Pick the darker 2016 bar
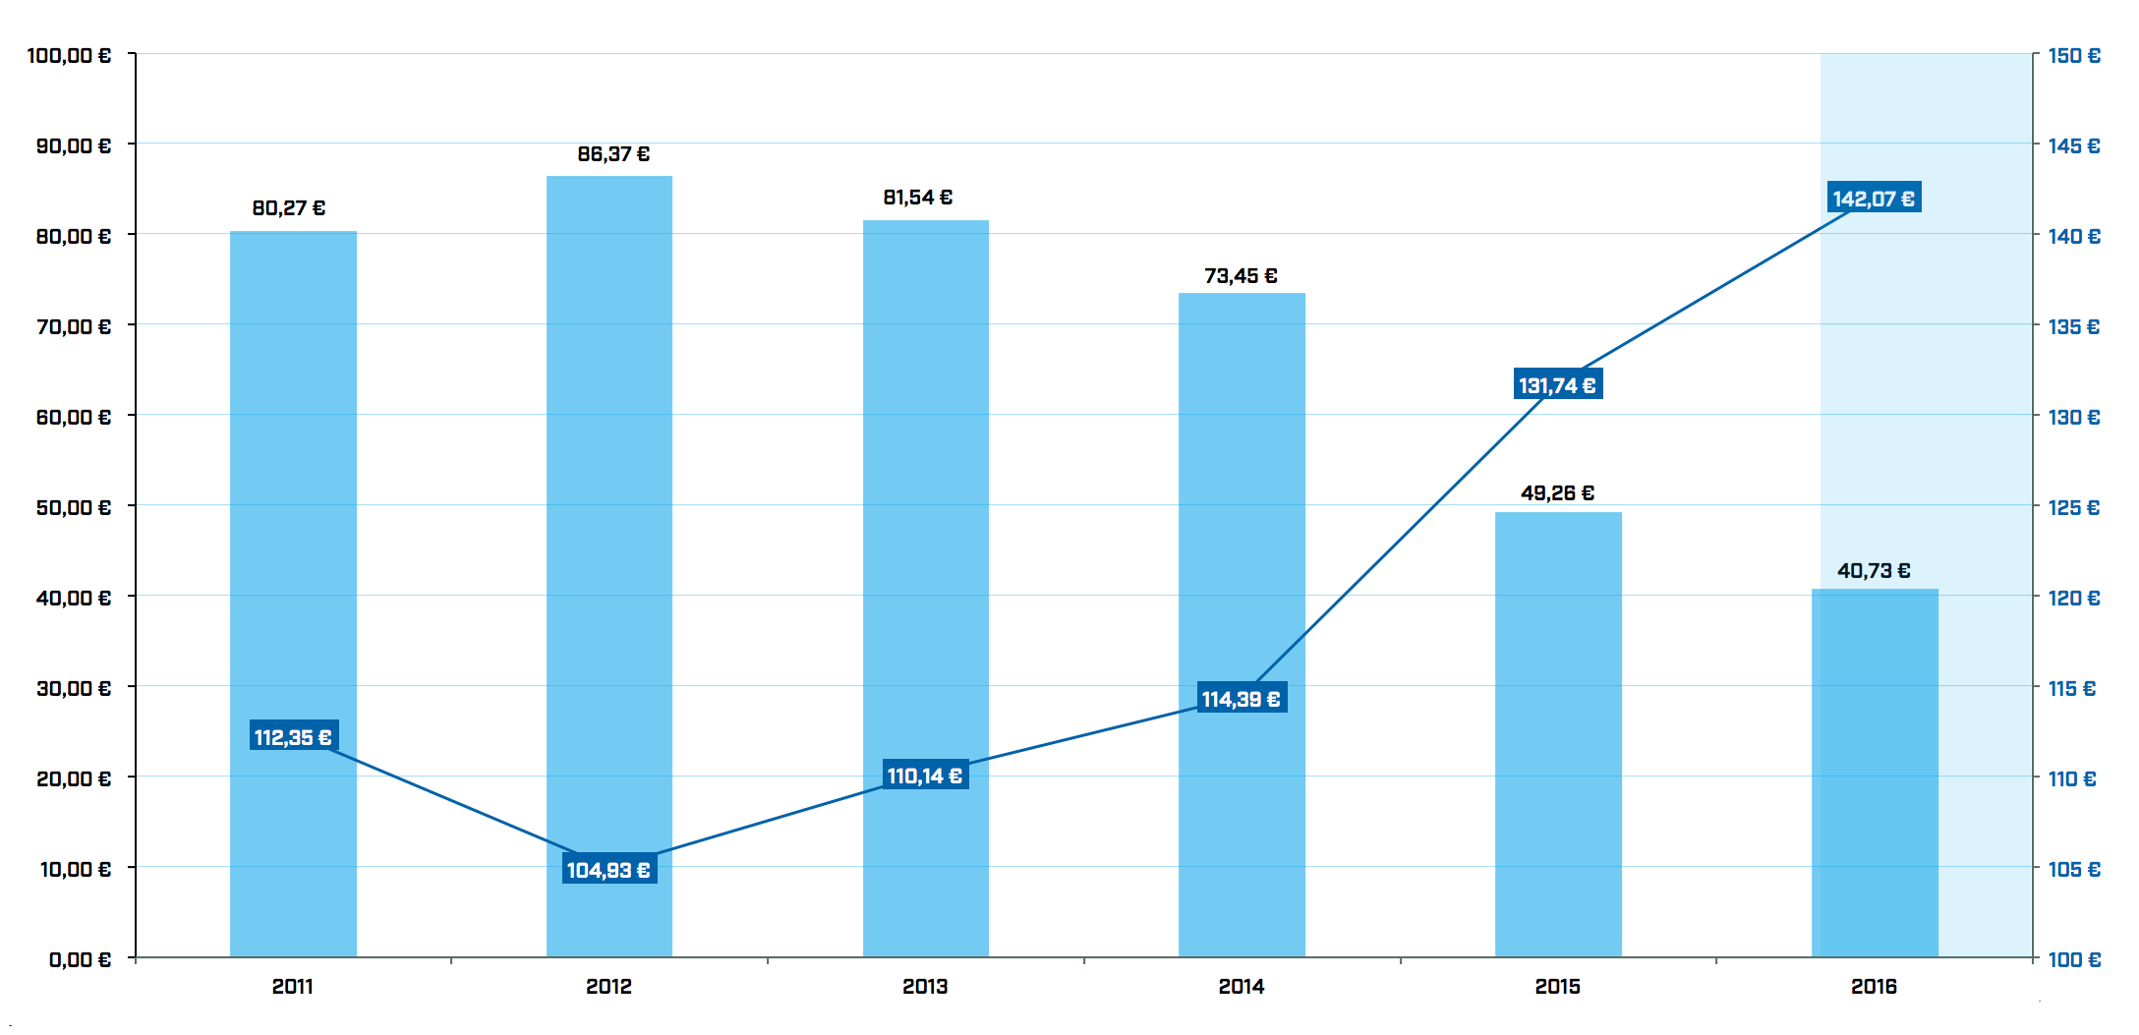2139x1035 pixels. (1875, 776)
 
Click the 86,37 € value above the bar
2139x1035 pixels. (613, 154)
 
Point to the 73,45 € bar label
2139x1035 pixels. (1241, 276)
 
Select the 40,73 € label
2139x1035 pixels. (1874, 571)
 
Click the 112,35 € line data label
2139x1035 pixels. (294, 737)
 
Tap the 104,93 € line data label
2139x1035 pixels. (609, 870)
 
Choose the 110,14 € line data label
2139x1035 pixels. (925, 776)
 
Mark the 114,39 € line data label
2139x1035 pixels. (1242, 699)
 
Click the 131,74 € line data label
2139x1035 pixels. (1558, 385)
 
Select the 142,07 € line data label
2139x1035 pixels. (1874, 199)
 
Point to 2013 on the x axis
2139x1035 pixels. (925, 987)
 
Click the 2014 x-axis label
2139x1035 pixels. (1242, 987)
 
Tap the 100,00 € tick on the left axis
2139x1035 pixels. (69, 56)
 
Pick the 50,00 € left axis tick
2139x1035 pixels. (74, 508)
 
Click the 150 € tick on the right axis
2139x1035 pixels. (2074, 56)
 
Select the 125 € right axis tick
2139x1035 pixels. (2074, 508)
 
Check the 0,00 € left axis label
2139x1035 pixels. (80, 959)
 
